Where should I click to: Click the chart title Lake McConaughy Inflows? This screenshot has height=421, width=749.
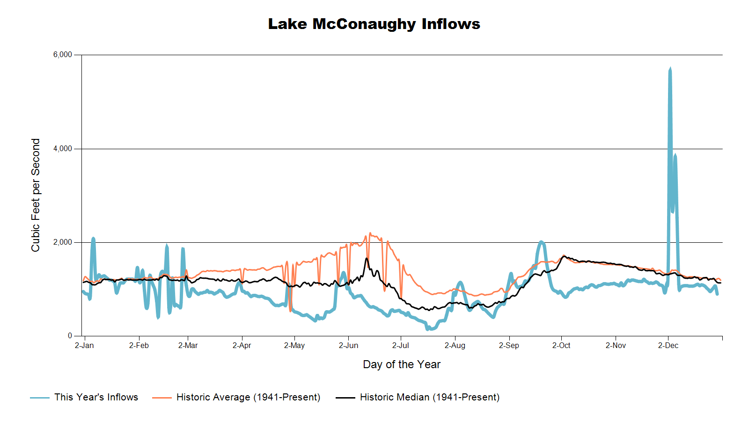coord(374,24)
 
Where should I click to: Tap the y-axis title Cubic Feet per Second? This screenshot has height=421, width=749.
coord(36,195)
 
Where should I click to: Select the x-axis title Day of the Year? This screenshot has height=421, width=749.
coord(402,364)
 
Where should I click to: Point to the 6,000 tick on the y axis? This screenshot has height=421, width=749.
coord(63,55)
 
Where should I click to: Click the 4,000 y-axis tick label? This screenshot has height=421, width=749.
coord(63,149)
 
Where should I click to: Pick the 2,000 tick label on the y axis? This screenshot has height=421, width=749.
coord(63,242)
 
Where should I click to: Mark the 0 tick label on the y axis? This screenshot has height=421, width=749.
coord(70,336)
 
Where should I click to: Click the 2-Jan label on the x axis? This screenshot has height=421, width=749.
coord(84,346)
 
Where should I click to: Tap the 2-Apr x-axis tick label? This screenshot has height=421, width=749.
coord(242,346)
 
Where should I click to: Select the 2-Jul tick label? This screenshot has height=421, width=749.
coord(400,346)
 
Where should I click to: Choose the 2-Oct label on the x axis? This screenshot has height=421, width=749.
coord(561,346)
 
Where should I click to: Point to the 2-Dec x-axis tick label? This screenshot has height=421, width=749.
coord(668,346)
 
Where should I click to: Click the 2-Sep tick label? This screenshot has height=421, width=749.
coord(509,346)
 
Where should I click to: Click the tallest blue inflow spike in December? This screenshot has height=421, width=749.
coord(670,69)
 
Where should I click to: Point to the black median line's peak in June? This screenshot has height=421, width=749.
coord(367,259)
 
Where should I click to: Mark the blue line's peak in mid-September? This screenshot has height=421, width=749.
coord(541,242)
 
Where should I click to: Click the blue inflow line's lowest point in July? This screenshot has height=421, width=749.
coord(428,329)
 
